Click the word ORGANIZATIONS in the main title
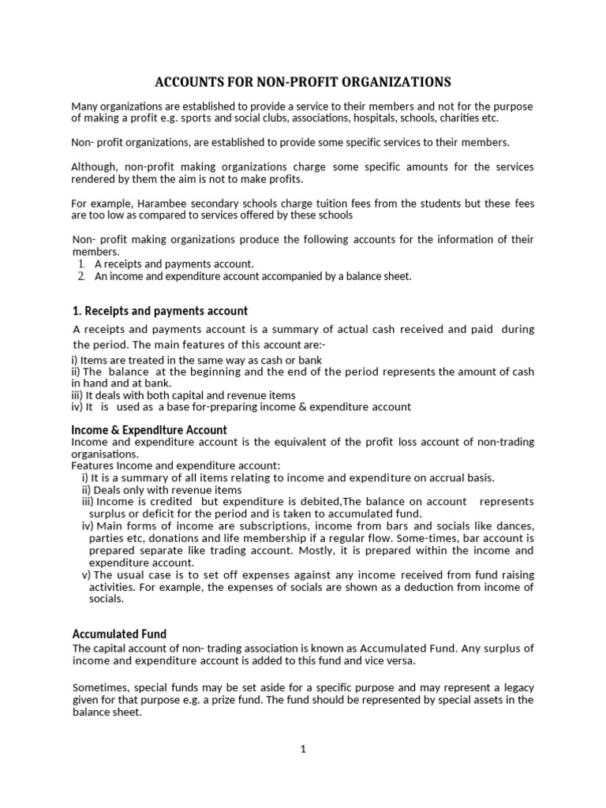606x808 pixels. pyautogui.click(x=391, y=81)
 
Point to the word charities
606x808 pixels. pyautogui.click(x=455, y=118)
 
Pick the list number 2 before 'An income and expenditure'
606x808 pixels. pyautogui.click(x=80, y=276)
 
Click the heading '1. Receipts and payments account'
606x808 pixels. pyautogui.click(x=160, y=311)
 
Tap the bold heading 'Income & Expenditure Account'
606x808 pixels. pyautogui.click(x=149, y=430)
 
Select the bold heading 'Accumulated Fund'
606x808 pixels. pyautogui.click(x=119, y=634)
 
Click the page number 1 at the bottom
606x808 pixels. pyautogui.click(x=302, y=750)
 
